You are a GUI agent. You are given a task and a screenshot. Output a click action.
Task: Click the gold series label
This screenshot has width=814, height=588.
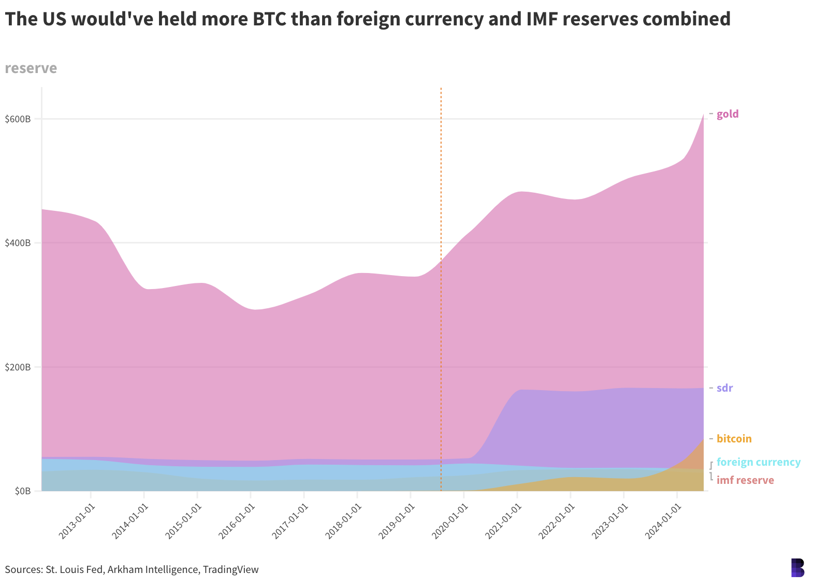pyautogui.click(x=728, y=114)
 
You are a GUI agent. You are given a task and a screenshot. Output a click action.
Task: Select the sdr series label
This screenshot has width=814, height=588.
pyautogui.click(x=724, y=388)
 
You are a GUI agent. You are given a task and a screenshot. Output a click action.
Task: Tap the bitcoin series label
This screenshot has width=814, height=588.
pyautogui.click(x=734, y=439)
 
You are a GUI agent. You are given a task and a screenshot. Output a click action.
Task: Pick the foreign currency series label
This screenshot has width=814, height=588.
pyautogui.click(x=758, y=462)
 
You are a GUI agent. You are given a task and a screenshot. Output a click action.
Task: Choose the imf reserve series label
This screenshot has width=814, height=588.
pyautogui.click(x=745, y=480)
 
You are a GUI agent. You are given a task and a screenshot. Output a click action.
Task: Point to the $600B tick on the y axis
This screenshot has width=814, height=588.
pyautogui.click(x=18, y=119)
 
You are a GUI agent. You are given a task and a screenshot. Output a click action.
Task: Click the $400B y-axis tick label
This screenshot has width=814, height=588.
pyautogui.click(x=18, y=243)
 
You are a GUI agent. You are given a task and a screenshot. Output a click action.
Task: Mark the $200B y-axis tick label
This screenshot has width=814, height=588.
pyautogui.click(x=18, y=367)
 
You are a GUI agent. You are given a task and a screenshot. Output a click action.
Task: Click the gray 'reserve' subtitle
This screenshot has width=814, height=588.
pyautogui.click(x=31, y=68)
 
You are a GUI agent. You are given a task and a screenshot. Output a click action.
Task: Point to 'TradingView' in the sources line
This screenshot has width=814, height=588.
pyautogui.click(x=230, y=570)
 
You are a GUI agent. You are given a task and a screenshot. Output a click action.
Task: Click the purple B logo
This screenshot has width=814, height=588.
pyautogui.click(x=797, y=568)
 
